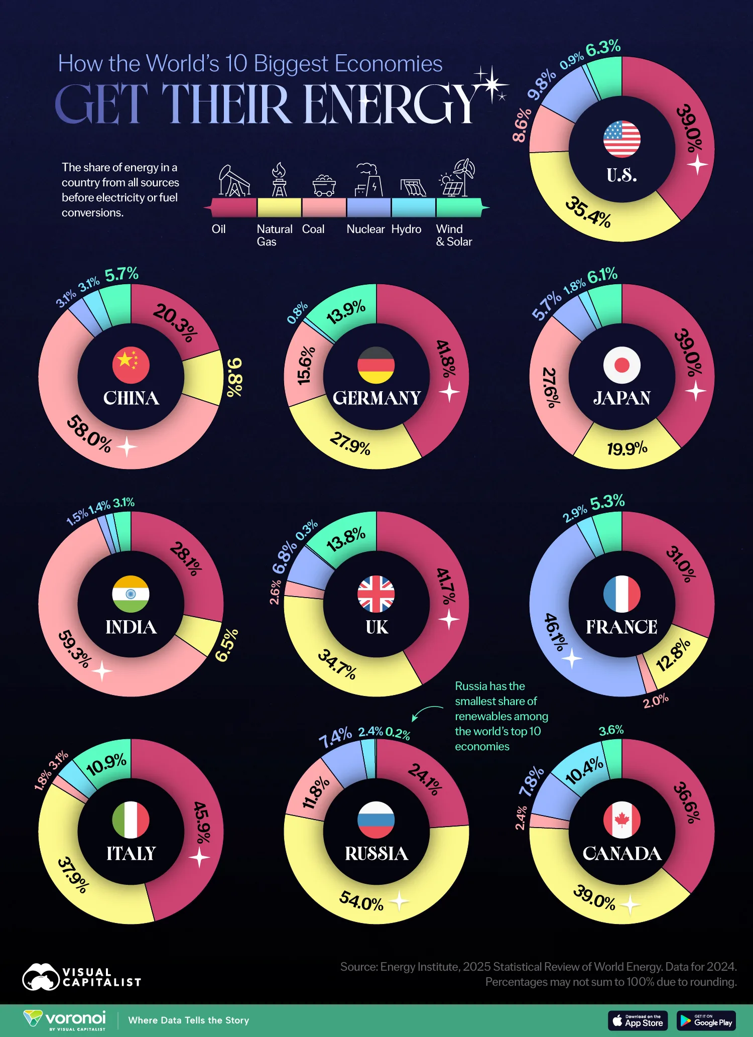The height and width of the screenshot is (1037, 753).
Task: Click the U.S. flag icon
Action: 621,139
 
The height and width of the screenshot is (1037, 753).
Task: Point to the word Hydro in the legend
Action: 406,229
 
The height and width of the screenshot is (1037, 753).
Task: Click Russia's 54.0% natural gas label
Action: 361,900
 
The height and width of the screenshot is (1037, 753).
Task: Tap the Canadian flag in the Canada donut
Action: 621,820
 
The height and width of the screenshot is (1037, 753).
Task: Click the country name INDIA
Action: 131,627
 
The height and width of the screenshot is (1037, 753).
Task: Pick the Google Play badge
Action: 706,1020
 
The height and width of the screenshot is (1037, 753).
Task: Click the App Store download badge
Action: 638,1020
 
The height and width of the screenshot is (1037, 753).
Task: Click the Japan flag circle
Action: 621,365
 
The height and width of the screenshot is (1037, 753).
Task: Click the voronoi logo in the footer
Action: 65,1020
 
